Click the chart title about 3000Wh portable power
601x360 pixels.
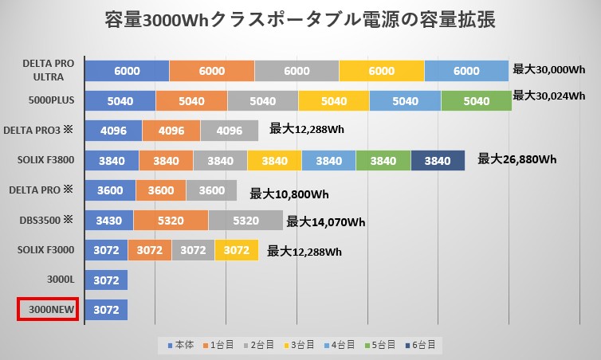pyautogui.click(x=300, y=20)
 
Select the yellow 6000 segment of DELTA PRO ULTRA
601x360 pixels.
pyautogui.click(x=381, y=71)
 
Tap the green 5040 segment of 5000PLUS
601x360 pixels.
pyautogui.click(x=476, y=101)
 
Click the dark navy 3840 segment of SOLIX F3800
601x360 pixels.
pyautogui.click(x=438, y=161)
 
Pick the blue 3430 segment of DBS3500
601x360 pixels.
pyautogui.click(x=108, y=221)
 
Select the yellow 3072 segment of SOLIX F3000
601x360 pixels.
pyautogui.click(x=237, y=251)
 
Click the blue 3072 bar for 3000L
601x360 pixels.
pyautogui.click(x=106, y=280)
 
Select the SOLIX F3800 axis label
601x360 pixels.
pyautogui.click(x=46, y=161)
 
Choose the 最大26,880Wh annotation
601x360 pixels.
pyautogui.click(x=517, y=159)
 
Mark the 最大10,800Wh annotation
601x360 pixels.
pyautogui.click(x=289, y=193)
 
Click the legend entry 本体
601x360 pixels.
pyautogui.click(x=181, y=345)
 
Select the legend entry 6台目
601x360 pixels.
pyautogui.click(x=419, y=345)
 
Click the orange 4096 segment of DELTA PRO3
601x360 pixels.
pyautogui.click(x=171, y=131)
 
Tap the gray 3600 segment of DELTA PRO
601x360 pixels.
pyautogui.click(x=211, y=191)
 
